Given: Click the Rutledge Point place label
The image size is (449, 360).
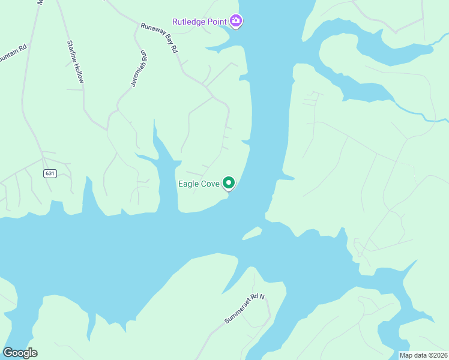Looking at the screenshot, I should tap(199, 22).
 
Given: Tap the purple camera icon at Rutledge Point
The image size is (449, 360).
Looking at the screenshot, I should tap(237, 22).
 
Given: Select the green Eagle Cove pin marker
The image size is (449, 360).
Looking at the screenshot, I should tap(229, 182).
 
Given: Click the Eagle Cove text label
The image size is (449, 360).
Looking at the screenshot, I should tap(199, 184).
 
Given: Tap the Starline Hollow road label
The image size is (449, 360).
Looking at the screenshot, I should tap(76, 61).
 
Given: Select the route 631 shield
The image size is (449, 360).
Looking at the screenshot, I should tap(50, 173).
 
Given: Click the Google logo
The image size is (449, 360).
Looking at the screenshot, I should tap(20, 353).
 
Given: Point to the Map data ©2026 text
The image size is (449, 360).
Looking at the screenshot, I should tap(423, 355).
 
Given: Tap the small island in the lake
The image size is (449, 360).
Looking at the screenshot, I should tap(252, 232).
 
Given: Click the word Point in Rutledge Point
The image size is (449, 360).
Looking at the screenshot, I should tap(215, 22).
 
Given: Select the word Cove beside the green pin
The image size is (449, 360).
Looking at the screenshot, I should tap(210, 184).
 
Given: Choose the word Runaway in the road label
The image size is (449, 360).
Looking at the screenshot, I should tap(152, 33).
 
